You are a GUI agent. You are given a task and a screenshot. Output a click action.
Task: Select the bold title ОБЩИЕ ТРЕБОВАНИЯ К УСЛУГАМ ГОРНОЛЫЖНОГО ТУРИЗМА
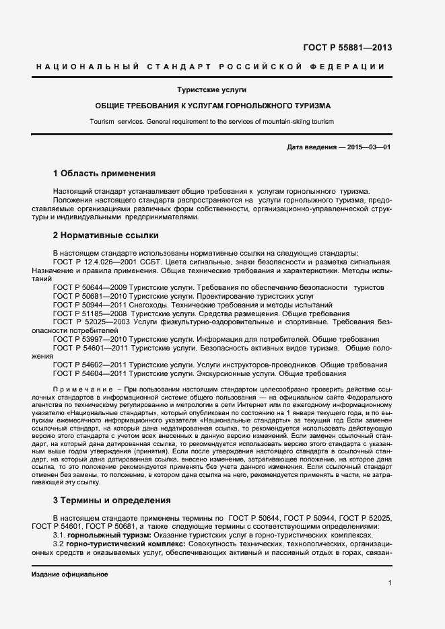pyautogui.click(x=222, y=106)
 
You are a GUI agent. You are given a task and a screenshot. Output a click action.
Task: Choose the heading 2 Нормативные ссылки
pyautogui.click(x=105, y=235)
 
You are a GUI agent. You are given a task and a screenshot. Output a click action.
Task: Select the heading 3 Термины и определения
pyautogui.click(x=112, y=501)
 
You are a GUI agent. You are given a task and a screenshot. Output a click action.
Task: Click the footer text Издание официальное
pyautogui.click(x=69, y=575)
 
